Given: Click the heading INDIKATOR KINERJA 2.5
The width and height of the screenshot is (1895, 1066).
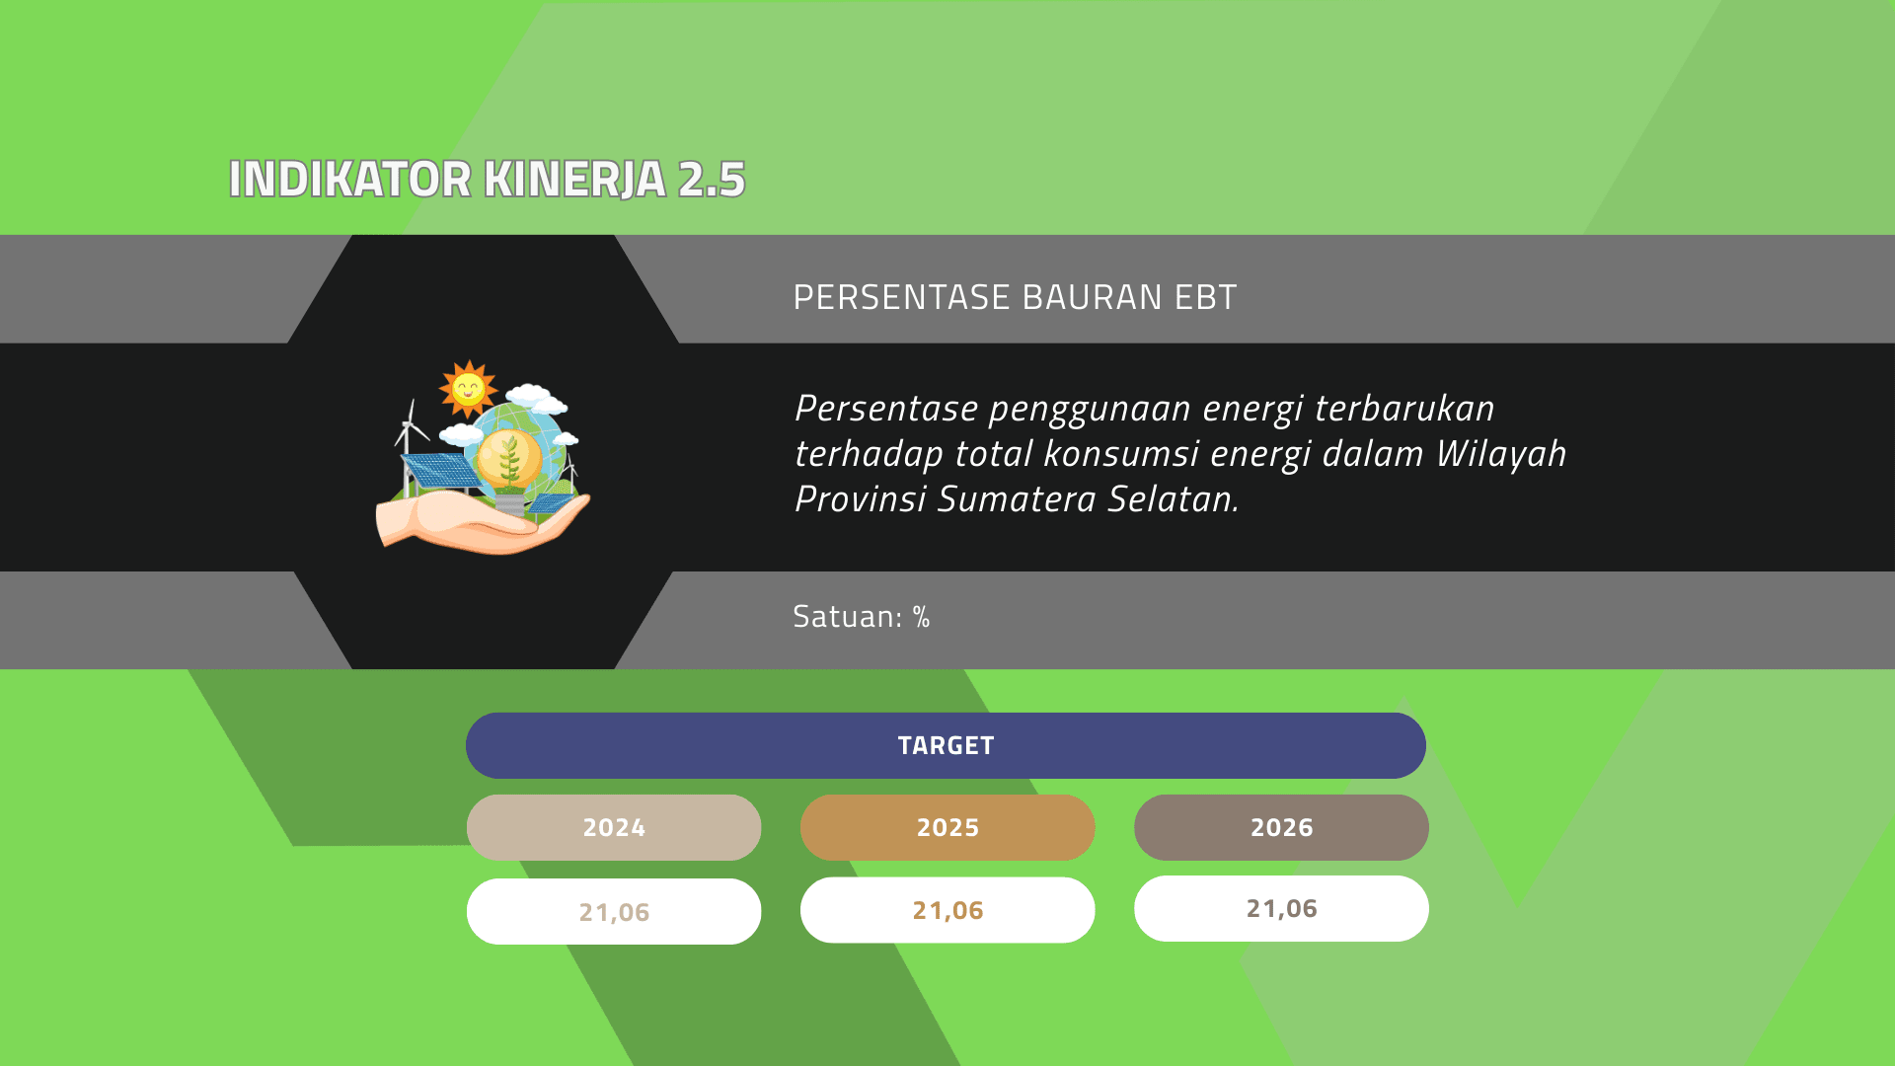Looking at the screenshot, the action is (x=487, y=180).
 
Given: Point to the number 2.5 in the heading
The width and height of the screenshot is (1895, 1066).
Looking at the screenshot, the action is (x=712, y=180).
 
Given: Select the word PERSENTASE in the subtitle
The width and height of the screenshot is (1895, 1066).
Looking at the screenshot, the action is (x=902, y=297).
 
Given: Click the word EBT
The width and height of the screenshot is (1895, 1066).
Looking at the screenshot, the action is (x=1205, y=297).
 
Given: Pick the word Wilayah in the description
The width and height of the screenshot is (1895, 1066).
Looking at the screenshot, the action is (x=1501, y=455).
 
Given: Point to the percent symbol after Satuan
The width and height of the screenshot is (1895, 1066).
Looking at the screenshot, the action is (x=922, y=617).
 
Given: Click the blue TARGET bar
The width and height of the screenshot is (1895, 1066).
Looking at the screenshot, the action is (x=946, y=745).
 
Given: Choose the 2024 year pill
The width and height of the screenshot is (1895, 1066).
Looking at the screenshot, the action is (x=614, y=827).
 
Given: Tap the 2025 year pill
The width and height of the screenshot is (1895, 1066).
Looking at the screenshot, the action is (x=947, y=827).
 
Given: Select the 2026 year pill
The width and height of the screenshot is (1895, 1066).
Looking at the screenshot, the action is (x=1281, y=827).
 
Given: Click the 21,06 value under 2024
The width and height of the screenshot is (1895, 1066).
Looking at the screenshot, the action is (x=614, y=912).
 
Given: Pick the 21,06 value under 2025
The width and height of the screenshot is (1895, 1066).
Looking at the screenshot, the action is (x=947, y=910).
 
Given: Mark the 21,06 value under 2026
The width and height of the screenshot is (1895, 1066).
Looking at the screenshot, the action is (x=1281, y=908).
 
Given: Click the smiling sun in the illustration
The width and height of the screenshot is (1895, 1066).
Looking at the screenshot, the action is (x=468, y=388).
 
